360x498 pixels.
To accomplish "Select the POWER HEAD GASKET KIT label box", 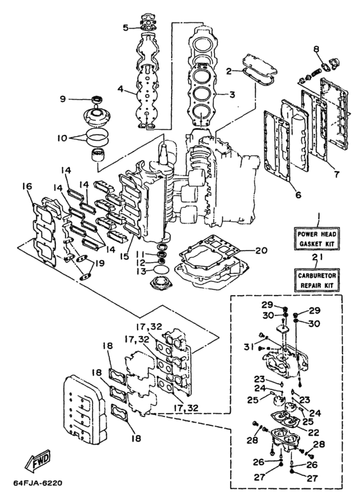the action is (x=316, y=238).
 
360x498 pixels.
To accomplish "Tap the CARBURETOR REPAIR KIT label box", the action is (x=316, y=280).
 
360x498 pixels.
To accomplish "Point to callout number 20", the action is (x=261, y=251).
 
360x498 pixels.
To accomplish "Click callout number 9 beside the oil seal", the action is (x=63, y=99).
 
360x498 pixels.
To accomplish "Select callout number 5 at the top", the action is (x=126, y=28).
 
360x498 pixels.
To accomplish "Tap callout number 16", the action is (x=27, y=186).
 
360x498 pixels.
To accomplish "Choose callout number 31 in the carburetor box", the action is (x=249, y=346).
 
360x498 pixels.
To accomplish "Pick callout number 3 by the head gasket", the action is (x=232, y=94).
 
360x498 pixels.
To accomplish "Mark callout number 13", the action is (x=141, y=272).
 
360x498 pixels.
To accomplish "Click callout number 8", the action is (x=316, y=49).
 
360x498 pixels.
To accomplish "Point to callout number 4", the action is (x=120, y=89).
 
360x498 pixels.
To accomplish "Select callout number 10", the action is (x=62, y=138).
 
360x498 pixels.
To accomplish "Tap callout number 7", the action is (x=336, y=174).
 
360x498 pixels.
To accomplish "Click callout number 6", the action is (x=298, y=194).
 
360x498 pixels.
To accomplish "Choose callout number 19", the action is (x=100, y=263).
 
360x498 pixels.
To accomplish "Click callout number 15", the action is (x=126, y=256).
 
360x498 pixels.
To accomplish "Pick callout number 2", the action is (x=229, y=71).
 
